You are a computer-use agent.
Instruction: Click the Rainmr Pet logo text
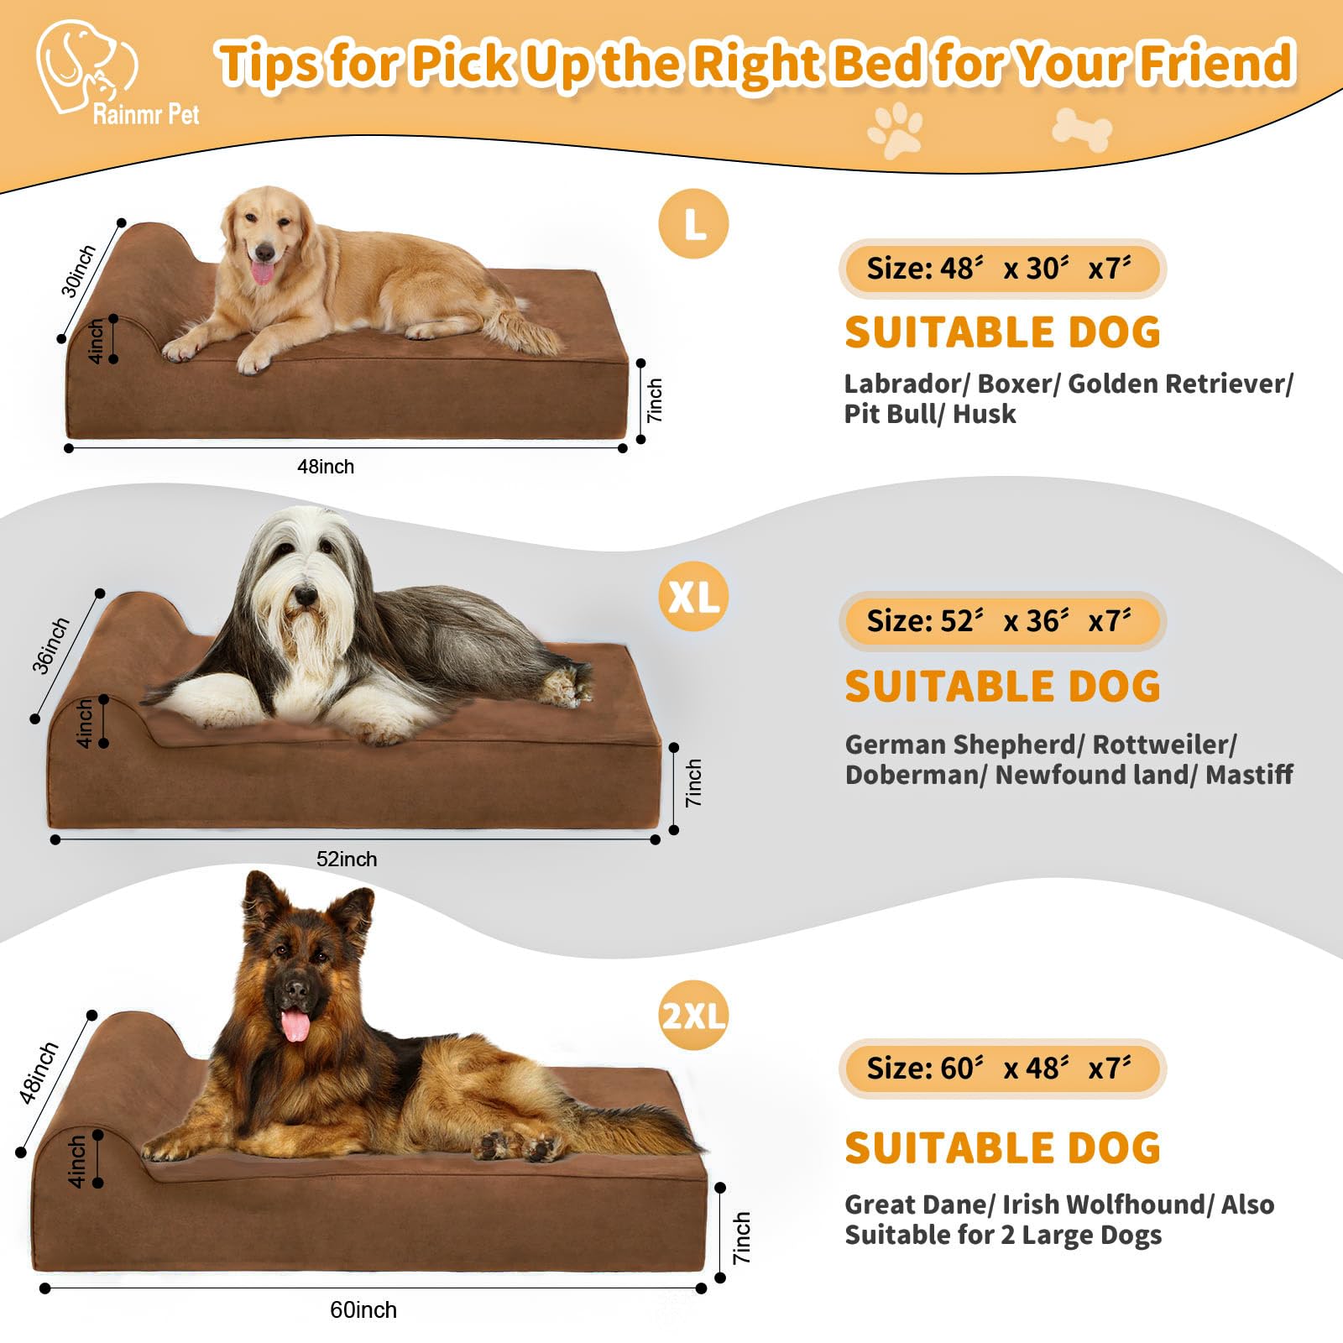click(145, 114)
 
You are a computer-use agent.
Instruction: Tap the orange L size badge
click(693, 224)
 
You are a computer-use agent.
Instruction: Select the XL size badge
click(693, 597)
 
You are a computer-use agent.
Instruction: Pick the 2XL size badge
click(693, 1016)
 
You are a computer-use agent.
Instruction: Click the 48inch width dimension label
click(326, 467)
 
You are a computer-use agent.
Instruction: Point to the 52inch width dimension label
click(347, 860)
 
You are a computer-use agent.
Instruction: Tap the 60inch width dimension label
click(363, 1309)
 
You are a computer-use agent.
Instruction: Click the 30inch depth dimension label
click(78, 271)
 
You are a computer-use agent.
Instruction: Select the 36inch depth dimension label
click(50, 645)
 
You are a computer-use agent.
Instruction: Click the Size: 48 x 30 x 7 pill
click(1001, 269)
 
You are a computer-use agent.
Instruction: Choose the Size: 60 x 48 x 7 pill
click(1001, 1069)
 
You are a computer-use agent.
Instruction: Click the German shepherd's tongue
click(295, 1026)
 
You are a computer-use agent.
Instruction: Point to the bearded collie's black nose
click(305, 597)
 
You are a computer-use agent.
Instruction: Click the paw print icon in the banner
click(895, 130)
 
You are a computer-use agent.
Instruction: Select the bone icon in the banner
click(1081, 130)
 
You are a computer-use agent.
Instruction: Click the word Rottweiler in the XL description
click(1164, 745)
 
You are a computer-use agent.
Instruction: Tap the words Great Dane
click(917, 1205)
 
